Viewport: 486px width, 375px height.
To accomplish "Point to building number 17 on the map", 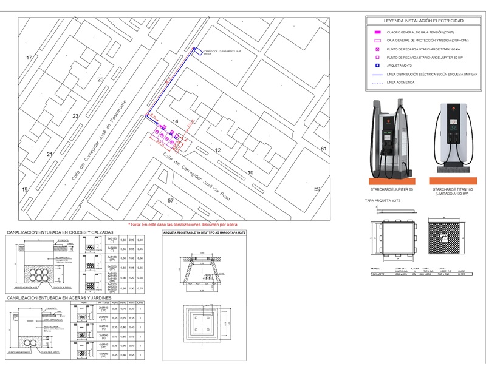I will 29,58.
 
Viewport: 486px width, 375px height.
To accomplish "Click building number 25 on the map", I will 100,80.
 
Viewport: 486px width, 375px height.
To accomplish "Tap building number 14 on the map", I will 175,122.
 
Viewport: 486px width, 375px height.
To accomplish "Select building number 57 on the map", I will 171,200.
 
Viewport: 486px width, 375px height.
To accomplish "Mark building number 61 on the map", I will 324,149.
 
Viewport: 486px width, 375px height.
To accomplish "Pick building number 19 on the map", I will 25,190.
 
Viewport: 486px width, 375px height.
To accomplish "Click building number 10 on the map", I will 250,173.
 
